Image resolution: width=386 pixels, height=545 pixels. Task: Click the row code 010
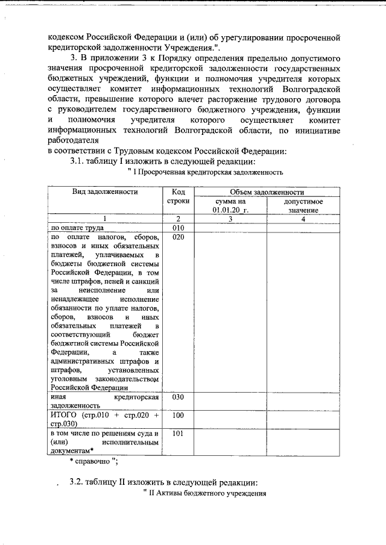click(177, 228)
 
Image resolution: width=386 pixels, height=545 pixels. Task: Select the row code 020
click(177, 237)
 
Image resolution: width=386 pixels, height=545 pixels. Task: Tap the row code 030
click(177, 397)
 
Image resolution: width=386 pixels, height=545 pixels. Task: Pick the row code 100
click(177, 416)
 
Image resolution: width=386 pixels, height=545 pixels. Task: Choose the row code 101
click(177, 433)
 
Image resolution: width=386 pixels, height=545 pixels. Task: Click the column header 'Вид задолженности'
click(106, 192)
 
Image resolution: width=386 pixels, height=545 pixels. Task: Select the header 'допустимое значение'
click(303, 205)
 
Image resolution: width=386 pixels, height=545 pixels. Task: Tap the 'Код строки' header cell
click(177, 196)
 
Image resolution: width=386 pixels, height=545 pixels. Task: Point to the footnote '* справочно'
click(92, 461)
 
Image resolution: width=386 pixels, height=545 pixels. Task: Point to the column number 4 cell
click(303, 219)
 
